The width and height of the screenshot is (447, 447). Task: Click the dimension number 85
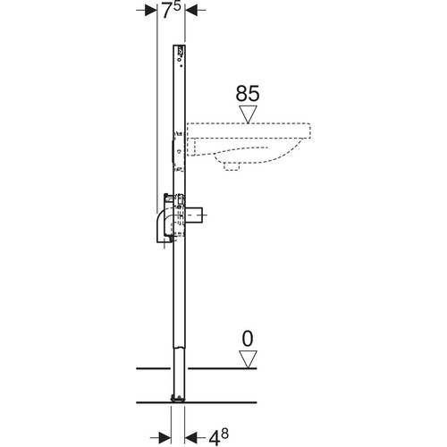[x=248, y=94]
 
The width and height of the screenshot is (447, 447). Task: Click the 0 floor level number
[x=248, y=339]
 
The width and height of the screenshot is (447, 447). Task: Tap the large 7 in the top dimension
[x=167, y=12]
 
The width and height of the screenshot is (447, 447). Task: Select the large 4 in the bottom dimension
[x=215, y=438]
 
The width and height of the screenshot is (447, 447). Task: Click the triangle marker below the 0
[x=248, y=359]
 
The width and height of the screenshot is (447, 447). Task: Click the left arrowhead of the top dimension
[x=151, y=11]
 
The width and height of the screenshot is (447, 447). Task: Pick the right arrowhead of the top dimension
[x=191, y=11]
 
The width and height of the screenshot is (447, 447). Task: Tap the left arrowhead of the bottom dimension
[x=164, y=437]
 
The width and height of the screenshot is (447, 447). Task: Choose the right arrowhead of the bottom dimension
[x=190, y=437]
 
